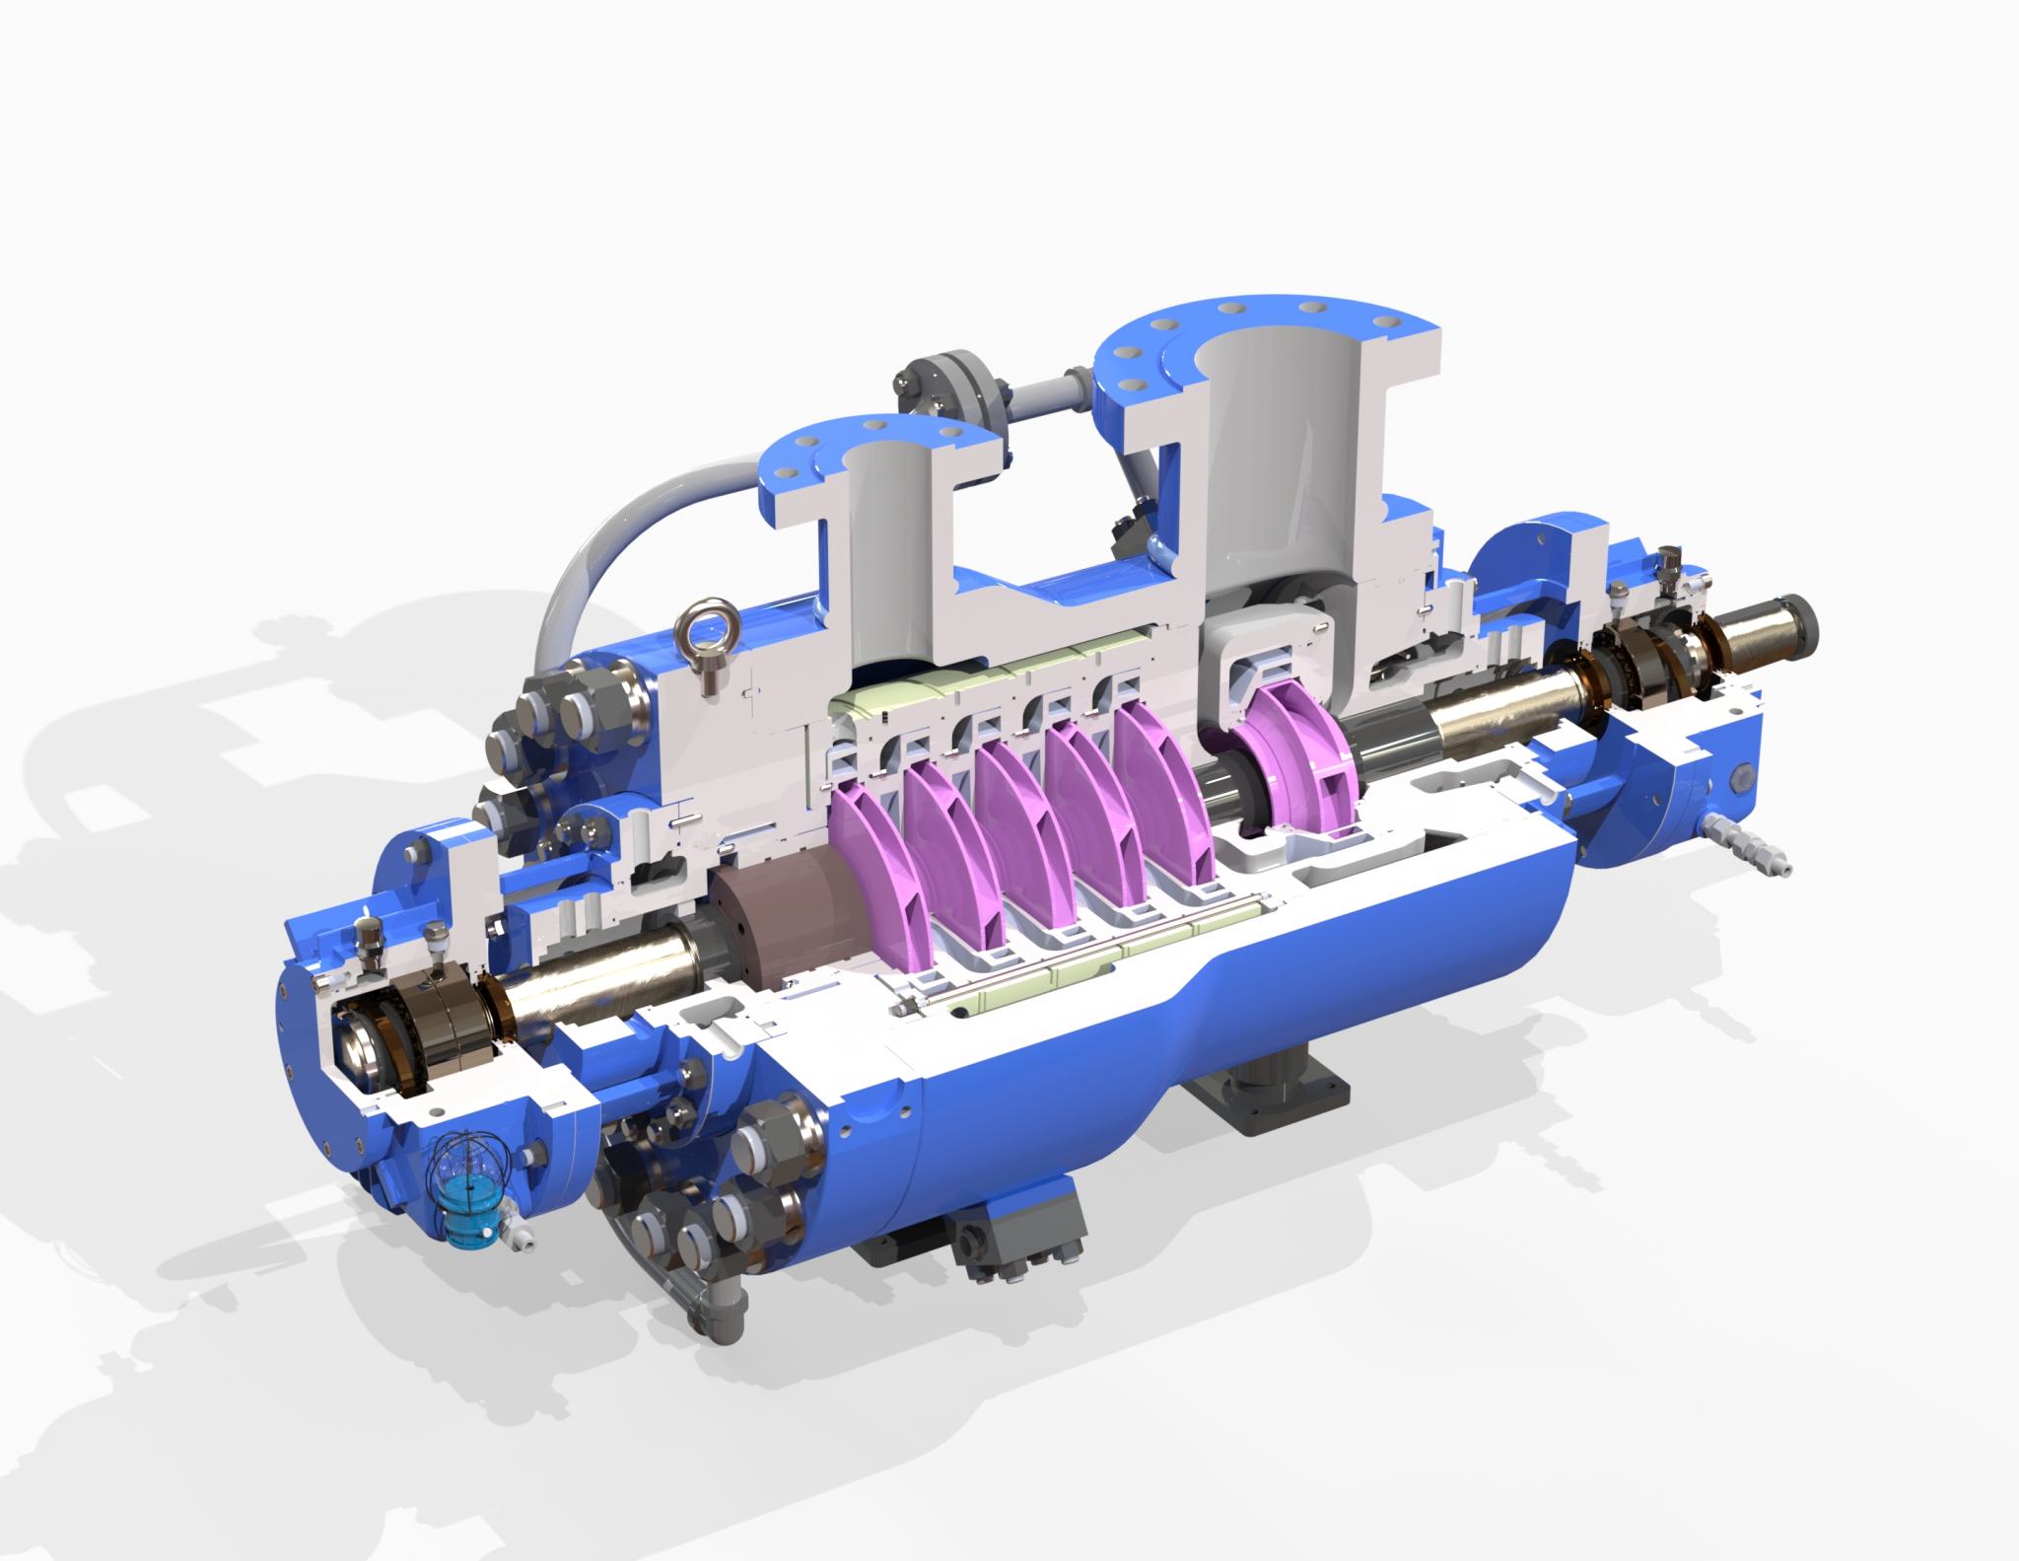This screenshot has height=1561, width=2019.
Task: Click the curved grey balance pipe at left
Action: (611, 552)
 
